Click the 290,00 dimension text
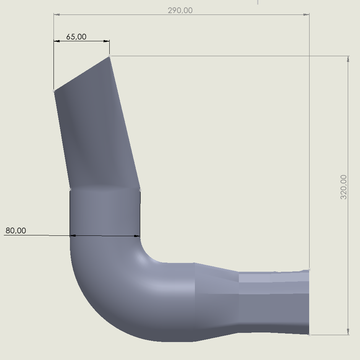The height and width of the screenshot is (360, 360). [180, 11]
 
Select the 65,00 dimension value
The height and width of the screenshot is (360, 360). [76, 37]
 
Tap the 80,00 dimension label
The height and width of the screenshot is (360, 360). [16, 230]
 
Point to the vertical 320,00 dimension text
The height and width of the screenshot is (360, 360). [344, 187]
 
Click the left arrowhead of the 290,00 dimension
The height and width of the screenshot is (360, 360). [57, 15]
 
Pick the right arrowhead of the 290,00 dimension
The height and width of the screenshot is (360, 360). [306, 15]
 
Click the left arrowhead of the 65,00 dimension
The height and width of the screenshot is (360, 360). [57, 41]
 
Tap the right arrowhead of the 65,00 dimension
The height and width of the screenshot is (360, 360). [107, 41]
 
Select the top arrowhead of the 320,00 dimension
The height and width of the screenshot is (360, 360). [348, 59]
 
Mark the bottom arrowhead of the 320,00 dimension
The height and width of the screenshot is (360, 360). [348, 332]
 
